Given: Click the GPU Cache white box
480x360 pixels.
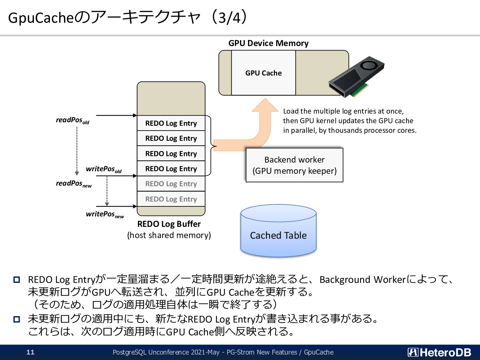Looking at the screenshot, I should pyautogui.click(x=263, y=73).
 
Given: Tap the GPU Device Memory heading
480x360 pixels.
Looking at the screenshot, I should pyautogui.click(x=268, y=43).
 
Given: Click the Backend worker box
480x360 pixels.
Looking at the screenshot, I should pyautogui.click(x=294, y=165).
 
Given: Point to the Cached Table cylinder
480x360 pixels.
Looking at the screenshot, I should pyautogui.click(x=278, y=231).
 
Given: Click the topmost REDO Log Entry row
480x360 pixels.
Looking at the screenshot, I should pyautogui.click(x=171, y=123).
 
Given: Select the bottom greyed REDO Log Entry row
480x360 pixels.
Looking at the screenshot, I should pyautogui.click(x=171, y=199).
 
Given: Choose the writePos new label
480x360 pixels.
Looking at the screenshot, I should pyautogui.click(x=105, y=214).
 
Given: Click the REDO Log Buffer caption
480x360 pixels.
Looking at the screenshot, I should pyautogui.click(x=169, y=224).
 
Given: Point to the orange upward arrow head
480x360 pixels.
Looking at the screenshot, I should pyautogui.click(x=265, y=105).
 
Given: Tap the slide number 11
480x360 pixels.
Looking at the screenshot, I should pyautogui.click(x=30, y=352).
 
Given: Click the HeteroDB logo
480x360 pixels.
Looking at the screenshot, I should pyautogui.click(x=439, y=352).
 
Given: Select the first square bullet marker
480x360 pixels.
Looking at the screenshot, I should pyautogui.click(x=17, y=280).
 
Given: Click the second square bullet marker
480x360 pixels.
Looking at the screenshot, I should pyautogui.click(x=17, y=319).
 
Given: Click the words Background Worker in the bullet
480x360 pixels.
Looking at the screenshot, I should pyautogui.click(x=363, y=280).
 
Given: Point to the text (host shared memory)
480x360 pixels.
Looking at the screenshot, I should pyautogui.click(x=169, y=235).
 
